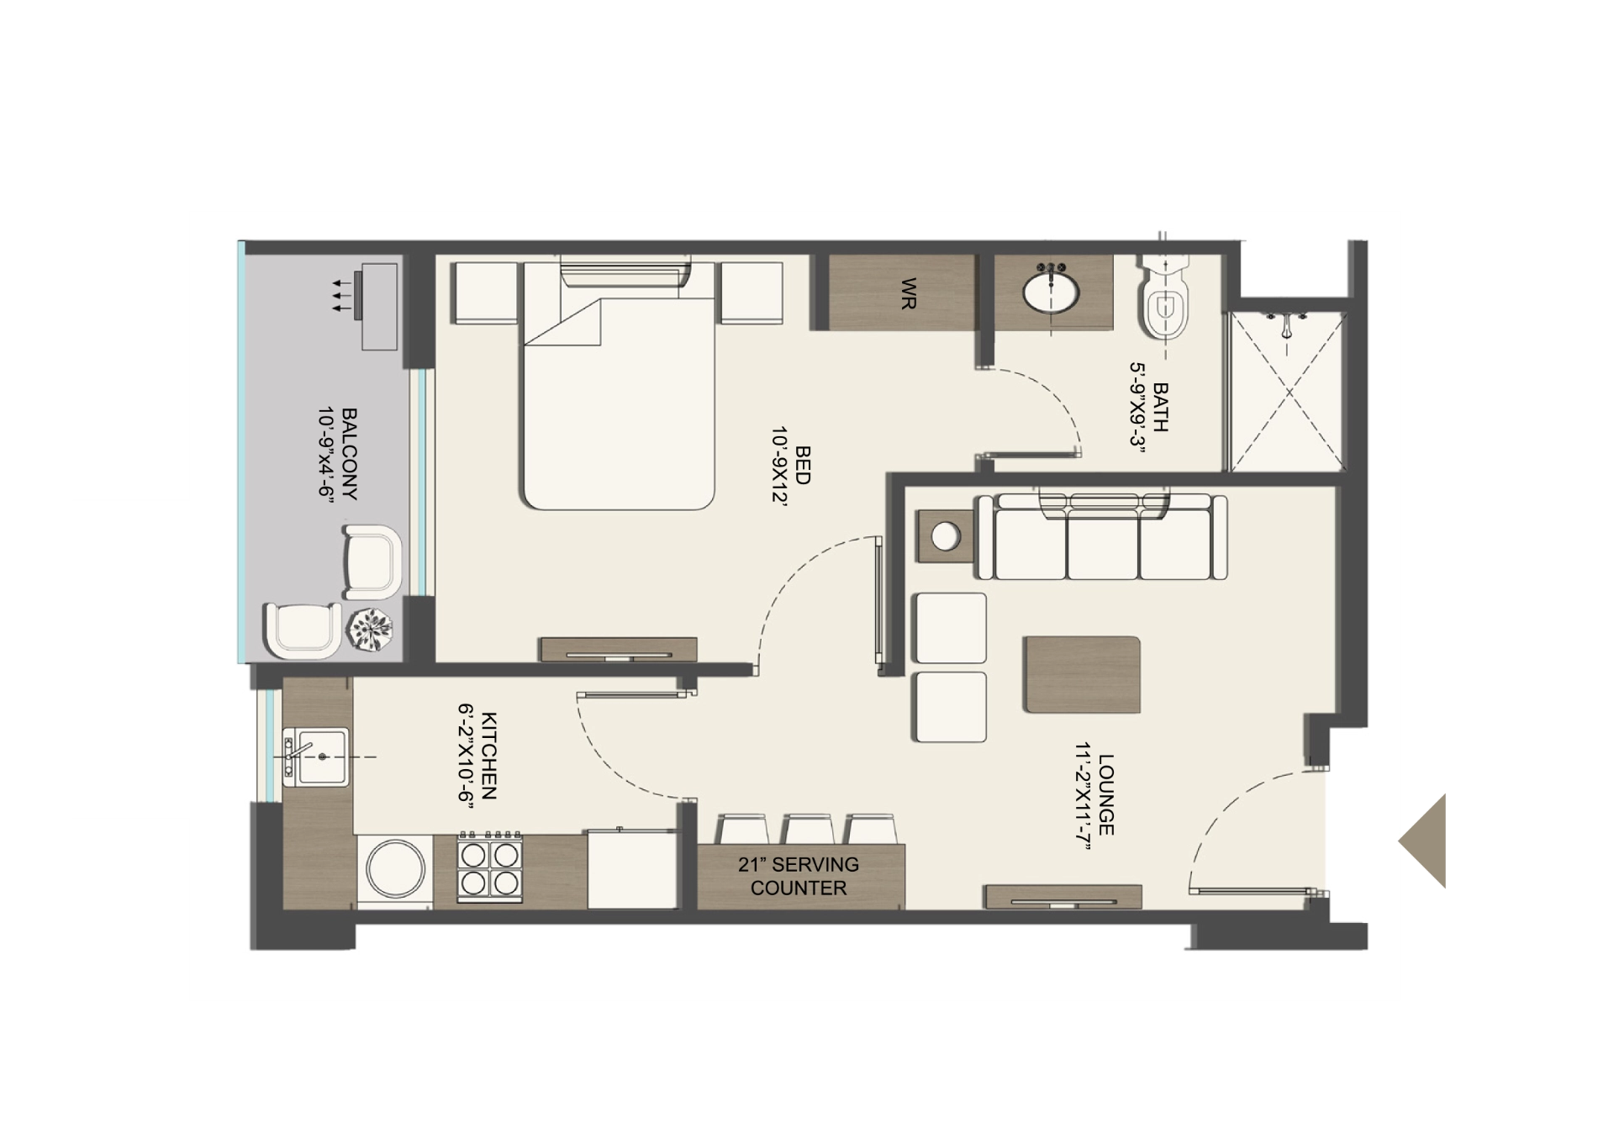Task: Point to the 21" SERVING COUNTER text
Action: pos(799,876)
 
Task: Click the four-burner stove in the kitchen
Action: pos(490,868)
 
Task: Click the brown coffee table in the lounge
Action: pos(1082,675)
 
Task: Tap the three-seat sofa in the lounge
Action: pos(1102,538)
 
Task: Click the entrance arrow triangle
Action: pos(1427,841)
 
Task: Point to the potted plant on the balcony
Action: pos(372,628)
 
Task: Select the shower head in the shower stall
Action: pos(1286,324)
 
